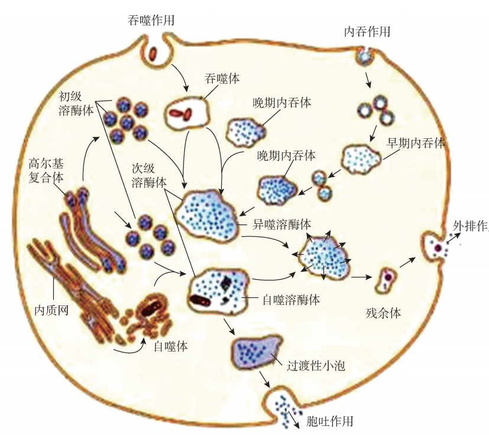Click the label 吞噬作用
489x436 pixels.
[152, 20]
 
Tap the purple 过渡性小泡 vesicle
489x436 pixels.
[257, 351]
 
